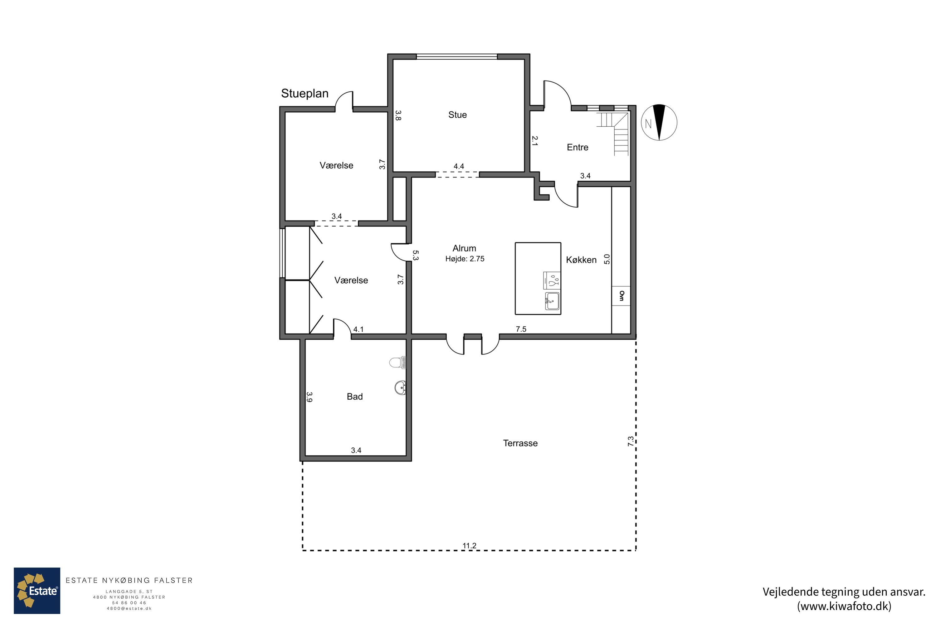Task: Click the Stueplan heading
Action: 305,94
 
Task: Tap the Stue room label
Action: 457,115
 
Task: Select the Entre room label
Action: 578,147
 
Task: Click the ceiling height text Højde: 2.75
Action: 465,259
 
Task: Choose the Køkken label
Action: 581,260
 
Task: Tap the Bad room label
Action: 354,396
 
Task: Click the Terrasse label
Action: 520,443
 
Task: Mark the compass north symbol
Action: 659,123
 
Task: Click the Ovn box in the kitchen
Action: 621,296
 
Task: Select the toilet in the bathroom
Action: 397,363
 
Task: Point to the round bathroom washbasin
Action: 400,388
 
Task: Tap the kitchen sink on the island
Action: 552,301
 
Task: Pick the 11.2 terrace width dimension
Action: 469,546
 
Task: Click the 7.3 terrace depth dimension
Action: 631,441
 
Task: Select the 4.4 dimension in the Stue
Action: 459,166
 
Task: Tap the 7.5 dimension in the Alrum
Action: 521,329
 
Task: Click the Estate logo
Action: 37,591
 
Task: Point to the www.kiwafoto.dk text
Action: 844,606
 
